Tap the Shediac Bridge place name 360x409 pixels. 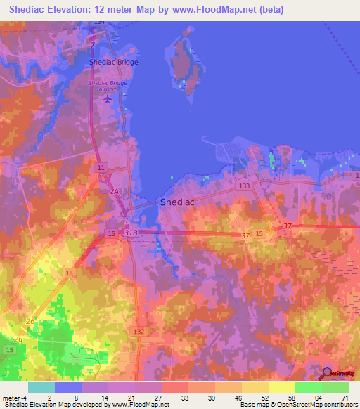(x=114, y=62)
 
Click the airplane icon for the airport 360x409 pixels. (x=108, y=98)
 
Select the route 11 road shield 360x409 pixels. (x=101, y=169)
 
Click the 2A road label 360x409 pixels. (x=114, y=190)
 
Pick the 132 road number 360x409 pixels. (x=139, y=329)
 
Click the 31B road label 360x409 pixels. (x=131, y=232)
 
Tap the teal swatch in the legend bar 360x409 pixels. (x=41, y=387)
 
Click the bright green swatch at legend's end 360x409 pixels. (x=335, y=387)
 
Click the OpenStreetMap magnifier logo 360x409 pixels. (x=327, y=374)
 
